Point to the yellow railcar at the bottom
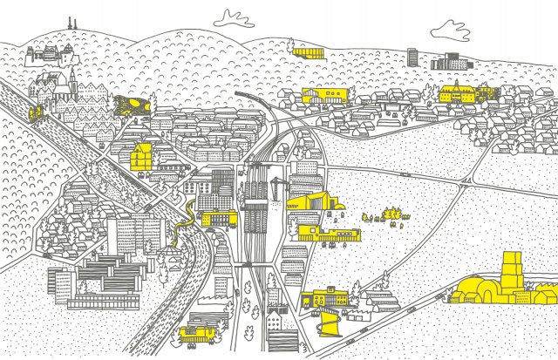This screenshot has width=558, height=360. (199, 331)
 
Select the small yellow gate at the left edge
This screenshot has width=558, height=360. (34, 113)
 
